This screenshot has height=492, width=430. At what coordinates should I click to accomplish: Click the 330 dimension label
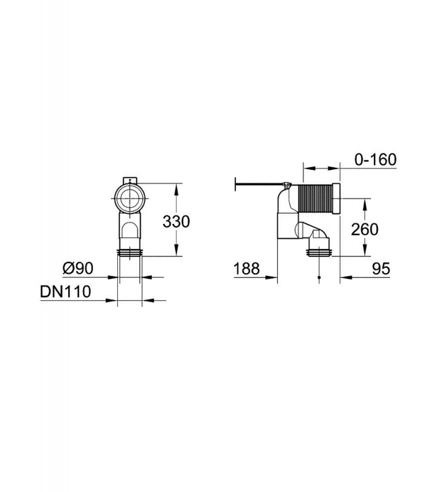(176, 221)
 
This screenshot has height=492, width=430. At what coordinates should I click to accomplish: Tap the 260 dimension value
(364, 229)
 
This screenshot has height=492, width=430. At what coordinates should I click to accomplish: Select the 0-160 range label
(375, 159)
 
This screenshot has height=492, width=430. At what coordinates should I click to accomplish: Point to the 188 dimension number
(247, 269)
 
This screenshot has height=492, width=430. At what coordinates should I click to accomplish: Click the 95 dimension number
(381, 269)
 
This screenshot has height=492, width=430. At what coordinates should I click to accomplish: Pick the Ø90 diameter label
(78, 268)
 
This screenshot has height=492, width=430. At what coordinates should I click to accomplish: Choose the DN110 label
(66, 292)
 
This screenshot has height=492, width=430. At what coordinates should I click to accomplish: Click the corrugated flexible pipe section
(315, 198)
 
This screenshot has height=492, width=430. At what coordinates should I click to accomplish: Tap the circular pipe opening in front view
(130, 199)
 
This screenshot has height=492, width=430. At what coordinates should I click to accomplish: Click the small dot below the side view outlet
(319, 277)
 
